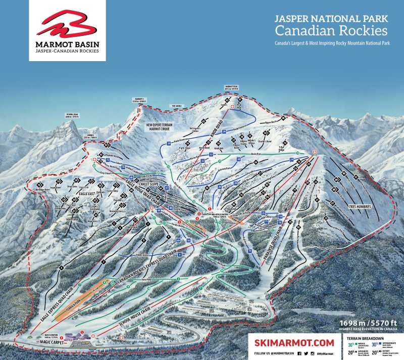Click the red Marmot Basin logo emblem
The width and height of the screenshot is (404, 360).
67,24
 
